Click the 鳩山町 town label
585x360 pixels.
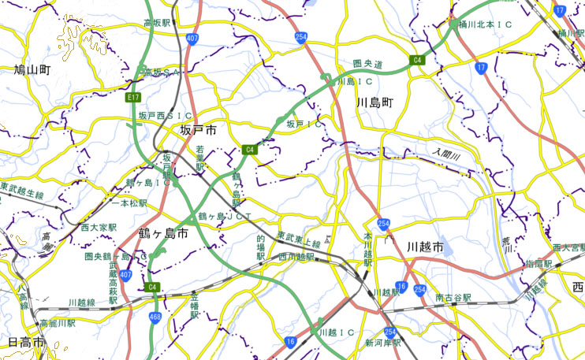coord(32,70)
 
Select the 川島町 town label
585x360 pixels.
coord(374,103)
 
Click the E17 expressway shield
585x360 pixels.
coord(132,97)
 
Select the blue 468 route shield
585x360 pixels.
coord(155,316)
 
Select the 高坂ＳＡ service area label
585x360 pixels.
coord(161,72)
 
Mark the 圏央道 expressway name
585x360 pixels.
coord(367,63)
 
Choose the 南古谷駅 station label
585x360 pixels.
coord(453,299)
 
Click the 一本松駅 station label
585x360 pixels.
coord(129,203)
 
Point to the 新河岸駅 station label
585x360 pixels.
coord(382,343)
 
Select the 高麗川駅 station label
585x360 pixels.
coord(57,323)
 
